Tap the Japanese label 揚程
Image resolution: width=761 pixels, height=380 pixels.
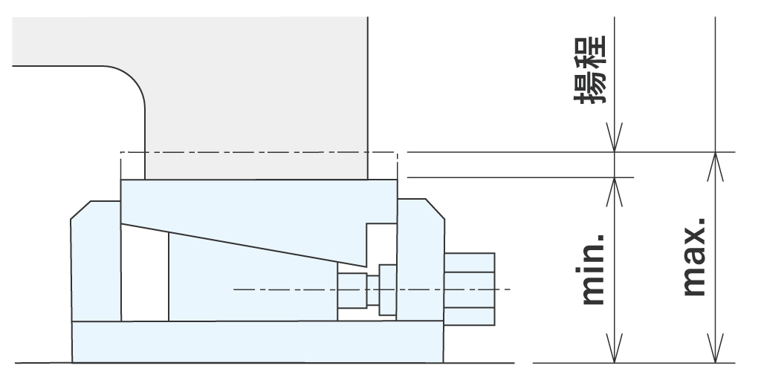(x=592, y=77)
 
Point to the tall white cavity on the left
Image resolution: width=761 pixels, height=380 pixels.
(x=144, y=275)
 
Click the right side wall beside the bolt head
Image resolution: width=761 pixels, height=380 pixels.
(x=421, y=260)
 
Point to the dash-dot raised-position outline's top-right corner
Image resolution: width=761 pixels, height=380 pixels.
(x=398, y=153)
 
